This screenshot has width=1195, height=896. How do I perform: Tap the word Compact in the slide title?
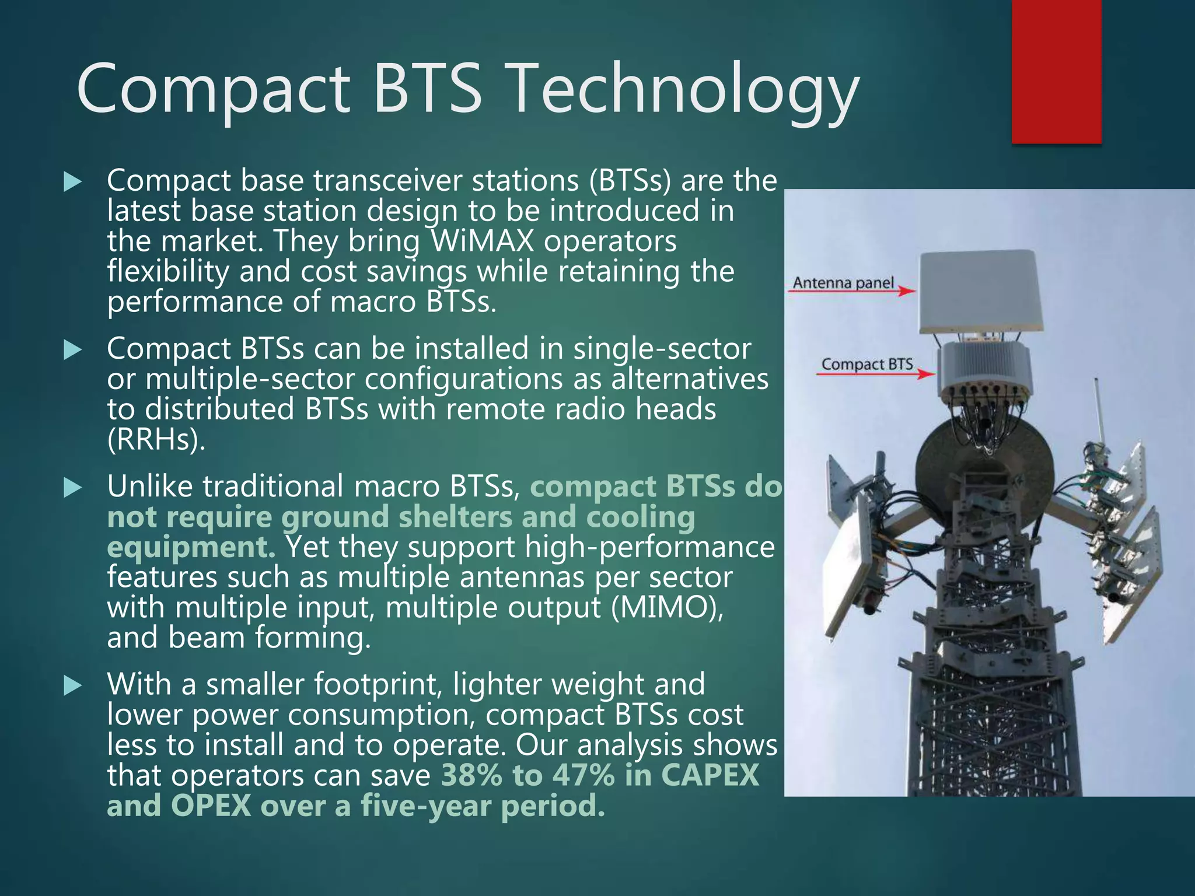coord(213,89)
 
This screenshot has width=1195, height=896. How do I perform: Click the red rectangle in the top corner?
coord(1056,71)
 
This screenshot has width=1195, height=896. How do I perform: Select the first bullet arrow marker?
coord(72,182)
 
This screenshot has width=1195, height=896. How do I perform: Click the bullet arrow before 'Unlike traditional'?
coord(72,488)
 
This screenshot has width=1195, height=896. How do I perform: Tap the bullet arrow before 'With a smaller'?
coord(72,685)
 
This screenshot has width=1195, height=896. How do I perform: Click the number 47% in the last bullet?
coord(583,775)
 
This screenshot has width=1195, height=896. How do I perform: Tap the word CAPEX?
coord(710,775)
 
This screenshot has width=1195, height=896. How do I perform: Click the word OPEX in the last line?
coord(211,806)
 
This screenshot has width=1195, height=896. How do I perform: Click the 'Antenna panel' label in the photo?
coord(843,283)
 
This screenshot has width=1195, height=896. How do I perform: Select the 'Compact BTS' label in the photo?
coord(866,364)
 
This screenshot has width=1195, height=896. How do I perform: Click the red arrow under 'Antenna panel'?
coord(852,290)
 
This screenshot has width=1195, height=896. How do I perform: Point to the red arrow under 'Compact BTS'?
coord(875,373)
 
